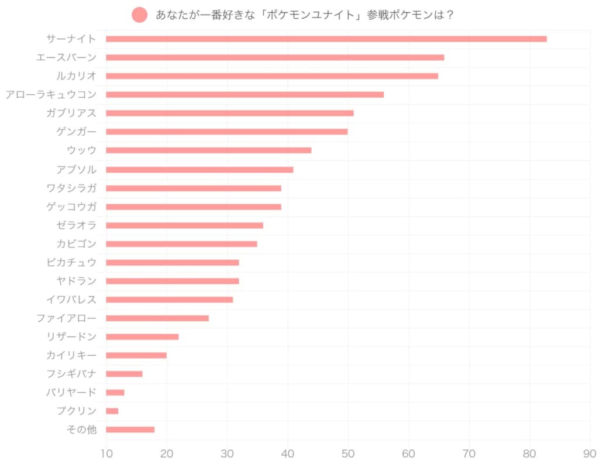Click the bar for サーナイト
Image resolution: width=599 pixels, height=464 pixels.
326,39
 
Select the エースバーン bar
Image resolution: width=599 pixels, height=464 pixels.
275,57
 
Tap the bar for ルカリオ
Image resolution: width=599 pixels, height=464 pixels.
272,76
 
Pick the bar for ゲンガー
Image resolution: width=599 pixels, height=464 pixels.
226,132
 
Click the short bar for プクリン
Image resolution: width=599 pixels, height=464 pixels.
112,411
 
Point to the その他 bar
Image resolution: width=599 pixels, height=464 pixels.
130,429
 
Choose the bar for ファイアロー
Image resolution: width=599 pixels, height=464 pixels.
157,318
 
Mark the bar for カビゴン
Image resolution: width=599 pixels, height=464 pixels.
181,244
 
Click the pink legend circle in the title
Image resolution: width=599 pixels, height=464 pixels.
140,15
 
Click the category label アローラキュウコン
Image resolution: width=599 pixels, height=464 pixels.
51,94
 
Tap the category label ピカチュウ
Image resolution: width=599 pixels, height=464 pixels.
71,262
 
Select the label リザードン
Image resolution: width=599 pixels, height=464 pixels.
71,336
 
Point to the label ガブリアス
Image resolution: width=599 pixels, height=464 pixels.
71,113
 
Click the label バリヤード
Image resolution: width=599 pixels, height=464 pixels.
71,392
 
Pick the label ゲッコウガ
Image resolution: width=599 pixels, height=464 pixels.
71,207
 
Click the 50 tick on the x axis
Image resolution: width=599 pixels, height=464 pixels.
348,453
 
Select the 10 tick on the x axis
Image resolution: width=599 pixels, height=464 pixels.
106,453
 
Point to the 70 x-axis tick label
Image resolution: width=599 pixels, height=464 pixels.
469,453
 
